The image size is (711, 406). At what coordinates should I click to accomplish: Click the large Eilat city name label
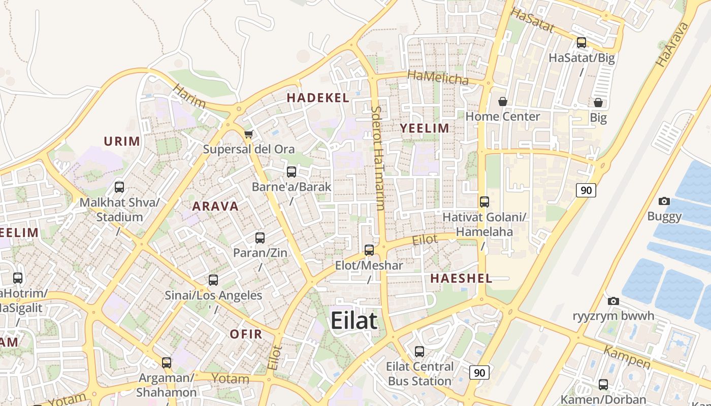pos(354,321)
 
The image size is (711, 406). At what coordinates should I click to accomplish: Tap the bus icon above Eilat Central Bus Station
pos(419,351)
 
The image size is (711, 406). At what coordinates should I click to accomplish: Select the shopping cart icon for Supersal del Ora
pos(248,134)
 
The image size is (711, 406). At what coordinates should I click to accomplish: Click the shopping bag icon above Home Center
pos(502,101)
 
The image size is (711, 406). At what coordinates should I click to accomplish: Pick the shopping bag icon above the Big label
pos(598,103)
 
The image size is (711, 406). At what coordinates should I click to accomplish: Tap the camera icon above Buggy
pos(664,201)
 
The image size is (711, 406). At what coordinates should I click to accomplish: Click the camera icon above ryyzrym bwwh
pos(613,300)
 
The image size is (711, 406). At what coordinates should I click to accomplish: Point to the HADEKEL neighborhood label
pos(318,97)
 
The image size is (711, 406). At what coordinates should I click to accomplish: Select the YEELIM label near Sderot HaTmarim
pos(425,128)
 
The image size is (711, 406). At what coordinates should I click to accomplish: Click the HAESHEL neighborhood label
pos(461,278)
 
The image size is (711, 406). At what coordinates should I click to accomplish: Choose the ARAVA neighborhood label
pos(215,206)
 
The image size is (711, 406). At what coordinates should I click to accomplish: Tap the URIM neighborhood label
pos(122,141)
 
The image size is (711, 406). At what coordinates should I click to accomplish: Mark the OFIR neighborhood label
pos(246,334)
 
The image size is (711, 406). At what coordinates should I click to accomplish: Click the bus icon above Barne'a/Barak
pos(292,172)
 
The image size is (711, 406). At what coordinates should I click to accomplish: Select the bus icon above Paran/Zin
pos(260,238)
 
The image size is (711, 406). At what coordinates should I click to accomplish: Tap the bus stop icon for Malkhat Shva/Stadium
pos(119,187)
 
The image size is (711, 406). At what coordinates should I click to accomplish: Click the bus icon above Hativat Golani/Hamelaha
pos(484,201)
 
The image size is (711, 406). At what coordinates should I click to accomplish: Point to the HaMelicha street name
pos(438,78)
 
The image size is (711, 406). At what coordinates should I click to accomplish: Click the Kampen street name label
pos(627,357)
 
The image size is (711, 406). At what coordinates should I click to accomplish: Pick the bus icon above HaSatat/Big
pos(581,43)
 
